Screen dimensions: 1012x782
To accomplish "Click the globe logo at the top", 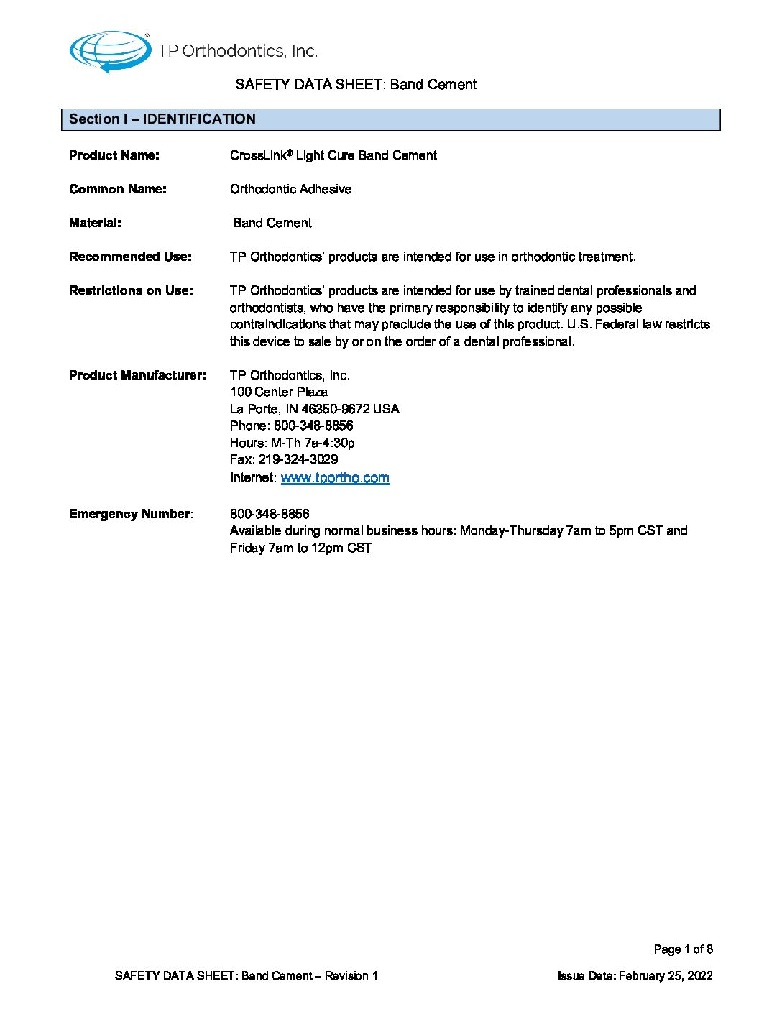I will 109,52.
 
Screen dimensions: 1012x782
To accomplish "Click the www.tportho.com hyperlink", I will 335,478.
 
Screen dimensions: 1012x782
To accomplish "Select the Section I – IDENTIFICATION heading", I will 162,119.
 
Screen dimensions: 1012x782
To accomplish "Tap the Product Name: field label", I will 114,155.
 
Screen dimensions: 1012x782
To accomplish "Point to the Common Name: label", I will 118,189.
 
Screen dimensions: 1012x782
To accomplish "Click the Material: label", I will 95,223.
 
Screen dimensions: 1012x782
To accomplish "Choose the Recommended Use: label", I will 130,257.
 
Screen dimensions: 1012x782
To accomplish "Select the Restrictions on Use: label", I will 131,290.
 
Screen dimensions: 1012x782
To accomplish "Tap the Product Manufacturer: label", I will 137,375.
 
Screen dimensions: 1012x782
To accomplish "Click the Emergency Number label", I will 129,514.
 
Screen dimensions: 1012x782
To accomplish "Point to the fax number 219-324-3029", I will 298,459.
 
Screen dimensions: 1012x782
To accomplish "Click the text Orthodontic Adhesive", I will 290,189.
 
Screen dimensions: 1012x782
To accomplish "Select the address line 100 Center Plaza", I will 279,392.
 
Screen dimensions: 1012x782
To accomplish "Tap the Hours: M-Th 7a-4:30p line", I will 292,443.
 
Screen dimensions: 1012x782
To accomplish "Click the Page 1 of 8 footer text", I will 683,949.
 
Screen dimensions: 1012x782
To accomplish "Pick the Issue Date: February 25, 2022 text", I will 635,976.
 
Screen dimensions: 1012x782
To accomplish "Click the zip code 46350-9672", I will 335,409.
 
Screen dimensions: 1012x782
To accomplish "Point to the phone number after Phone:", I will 313,425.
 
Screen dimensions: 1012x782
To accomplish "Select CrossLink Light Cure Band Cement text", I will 333,155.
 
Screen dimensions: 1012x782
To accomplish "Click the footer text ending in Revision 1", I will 246,976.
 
